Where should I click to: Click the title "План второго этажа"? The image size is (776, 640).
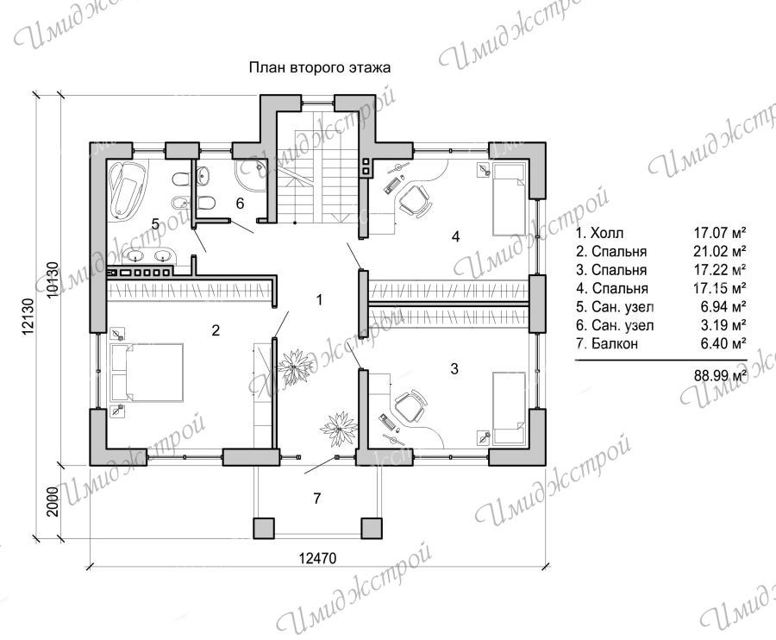pyautogui.click(x=319, y=67)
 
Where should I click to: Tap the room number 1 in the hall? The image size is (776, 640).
pyautogui.click(x=319, y=299)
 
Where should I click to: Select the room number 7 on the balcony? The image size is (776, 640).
pyautogui.click(x=317, y=498)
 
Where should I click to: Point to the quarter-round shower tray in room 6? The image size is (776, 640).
pyautogui.click(x=252, y=176)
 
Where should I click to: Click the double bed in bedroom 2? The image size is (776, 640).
pyautogui.click(x=148, y=373)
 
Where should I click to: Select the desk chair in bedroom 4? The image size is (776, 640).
pyautogui.click(x=415, y=200)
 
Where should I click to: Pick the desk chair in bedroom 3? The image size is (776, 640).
pyautogui.click(x=410, y=407)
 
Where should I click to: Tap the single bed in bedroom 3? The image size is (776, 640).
pyautogui.click(x=509, y=408)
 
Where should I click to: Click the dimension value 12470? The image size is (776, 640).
pyautogui.click(x=317, y=558)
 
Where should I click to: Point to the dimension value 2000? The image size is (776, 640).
pyautogui.click(x=53, y=501)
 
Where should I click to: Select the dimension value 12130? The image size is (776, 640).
pyautogui.click(x=28, y=316)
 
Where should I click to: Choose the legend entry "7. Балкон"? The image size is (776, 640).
pyautogui.click(x=607, y=343)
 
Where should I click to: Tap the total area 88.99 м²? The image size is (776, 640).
pyautogui.click(x=720, y=376)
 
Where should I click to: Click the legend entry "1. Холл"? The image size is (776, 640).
pyautogui.click(x=600, y=233)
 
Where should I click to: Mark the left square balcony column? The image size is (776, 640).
pyautogui.click(x=264, y=528)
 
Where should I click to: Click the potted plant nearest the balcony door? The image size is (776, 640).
pyautogui.click(x=339, y=429)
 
